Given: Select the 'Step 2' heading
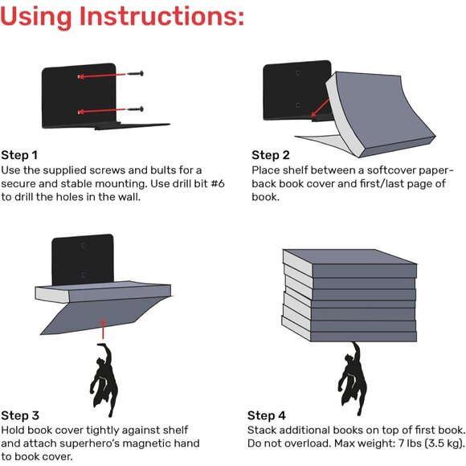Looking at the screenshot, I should click(271, 155).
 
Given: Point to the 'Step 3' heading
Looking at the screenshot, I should click(20, 415).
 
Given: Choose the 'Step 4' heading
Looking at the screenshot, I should click(267, 415).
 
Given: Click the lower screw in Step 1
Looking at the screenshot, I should click(133, 108).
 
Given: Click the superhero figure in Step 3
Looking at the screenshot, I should click(102, 378).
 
